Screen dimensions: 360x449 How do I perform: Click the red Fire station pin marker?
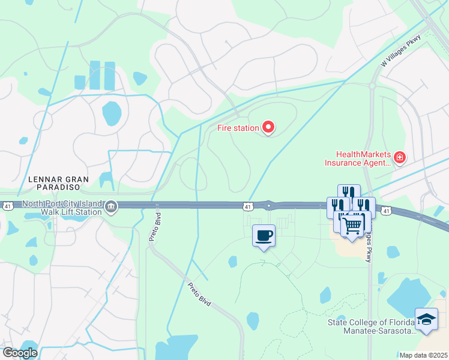(x=268, y=127)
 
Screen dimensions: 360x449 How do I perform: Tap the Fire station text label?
(x=238, y=128)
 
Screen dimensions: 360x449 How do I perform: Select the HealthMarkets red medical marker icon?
(x=400, y=158)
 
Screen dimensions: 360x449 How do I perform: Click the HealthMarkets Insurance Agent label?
(x=357, y=158)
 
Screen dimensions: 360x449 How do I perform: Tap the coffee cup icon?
(x=264, y=235)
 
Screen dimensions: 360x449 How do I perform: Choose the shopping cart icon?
(x=352, y=226)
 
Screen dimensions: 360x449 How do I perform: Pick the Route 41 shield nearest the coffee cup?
(x=248, y=206)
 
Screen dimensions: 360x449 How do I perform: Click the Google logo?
(x=20, y=353)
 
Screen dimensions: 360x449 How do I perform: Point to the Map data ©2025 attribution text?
(x=424, y=355)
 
